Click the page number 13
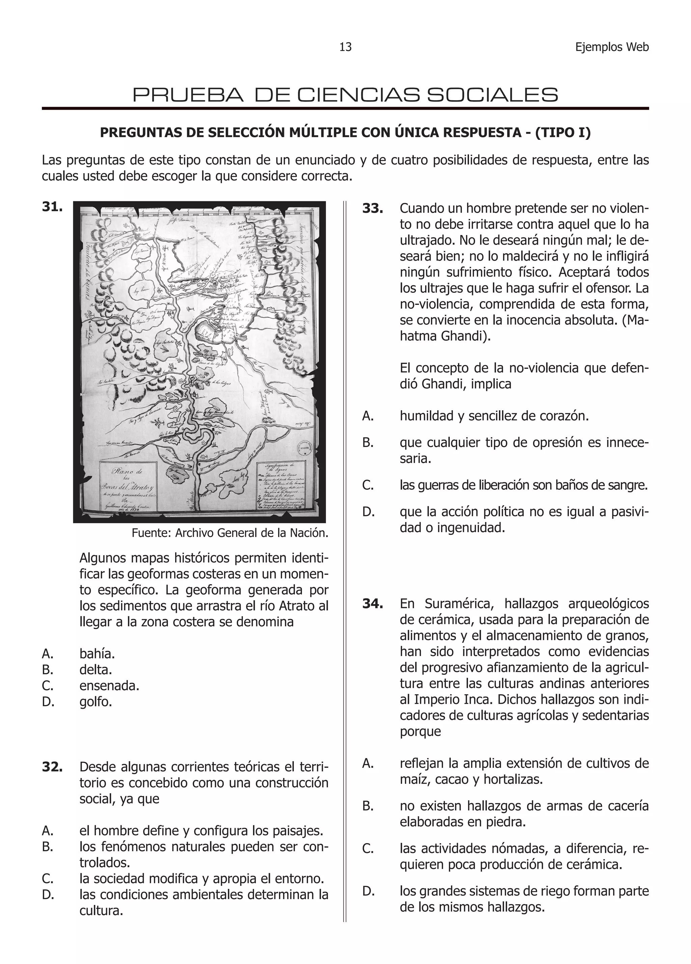tap(345, 47)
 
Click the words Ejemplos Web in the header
tap(612, 47)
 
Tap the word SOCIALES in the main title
tap(492, 95)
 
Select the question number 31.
tap(53, 207)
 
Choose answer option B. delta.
tap(95, 670)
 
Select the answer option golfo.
tap(95, 702)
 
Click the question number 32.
tap(53, 767)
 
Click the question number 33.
tap(373, 208)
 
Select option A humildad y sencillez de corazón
tap(494, 416)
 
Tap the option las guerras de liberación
tap(523, 485)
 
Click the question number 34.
tap(373, 604)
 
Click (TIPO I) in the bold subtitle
tap(562, 133)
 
